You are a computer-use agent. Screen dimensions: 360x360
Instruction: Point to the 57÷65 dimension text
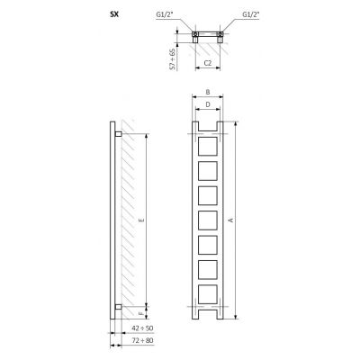(x=171, y=62)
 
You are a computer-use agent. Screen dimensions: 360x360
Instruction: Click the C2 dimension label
(x=207, y=62)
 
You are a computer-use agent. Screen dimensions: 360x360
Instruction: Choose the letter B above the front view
(x=207, y=92)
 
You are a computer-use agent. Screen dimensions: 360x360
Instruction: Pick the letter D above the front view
(x=207, y=104)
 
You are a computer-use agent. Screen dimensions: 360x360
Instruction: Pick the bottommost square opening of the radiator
(x=207, y=293)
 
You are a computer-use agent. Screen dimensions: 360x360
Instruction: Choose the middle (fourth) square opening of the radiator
(x=207, y=220)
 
